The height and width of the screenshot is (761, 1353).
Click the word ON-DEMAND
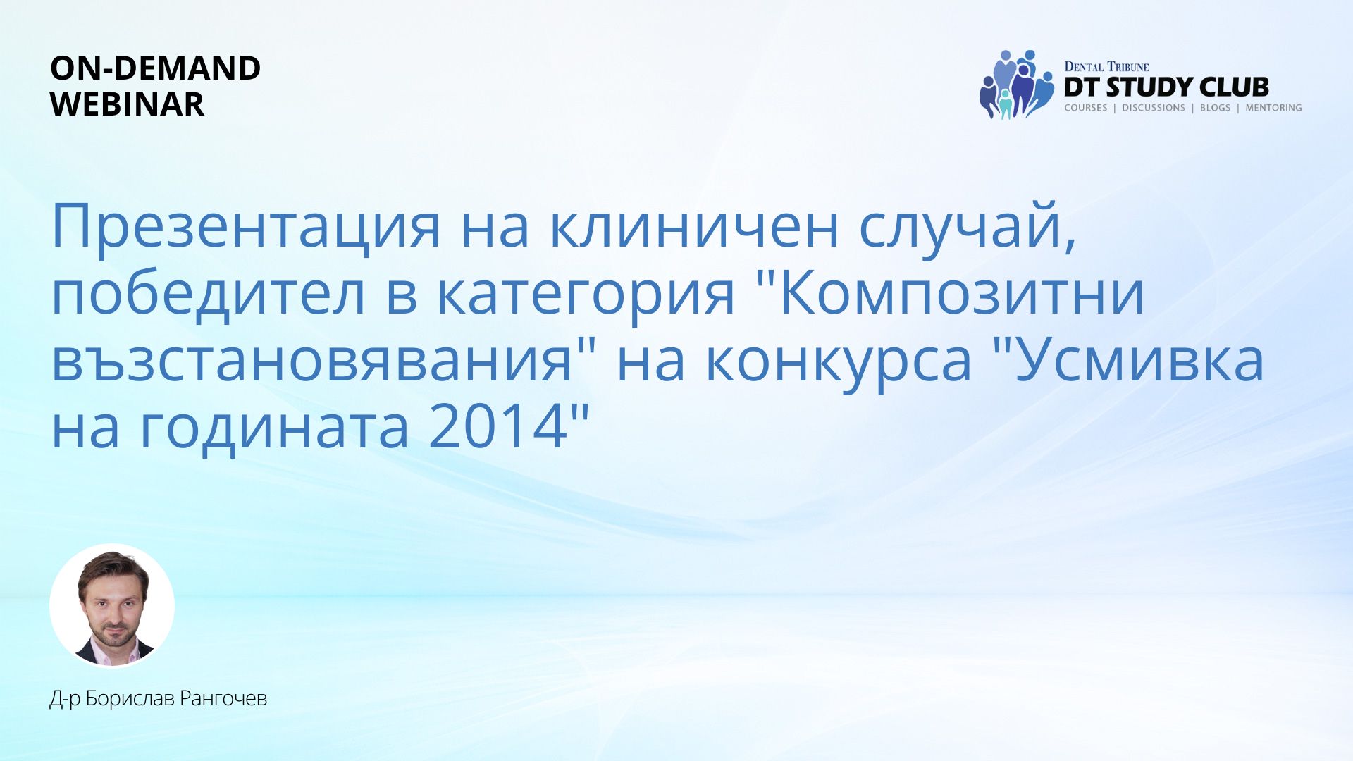155,68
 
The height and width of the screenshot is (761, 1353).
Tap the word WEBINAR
128,104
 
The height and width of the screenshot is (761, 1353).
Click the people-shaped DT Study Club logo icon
1016,85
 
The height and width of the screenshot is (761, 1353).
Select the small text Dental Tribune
1106,67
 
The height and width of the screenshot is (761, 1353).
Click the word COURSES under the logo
1085,108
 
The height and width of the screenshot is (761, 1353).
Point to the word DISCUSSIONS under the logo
1154,108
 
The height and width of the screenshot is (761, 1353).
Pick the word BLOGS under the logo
1215,108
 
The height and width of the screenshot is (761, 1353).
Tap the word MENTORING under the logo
1273,108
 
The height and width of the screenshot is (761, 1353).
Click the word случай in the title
960,227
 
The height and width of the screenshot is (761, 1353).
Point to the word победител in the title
209,295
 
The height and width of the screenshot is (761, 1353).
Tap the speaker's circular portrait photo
112,605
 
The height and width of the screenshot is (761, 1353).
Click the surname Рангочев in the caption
223,698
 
